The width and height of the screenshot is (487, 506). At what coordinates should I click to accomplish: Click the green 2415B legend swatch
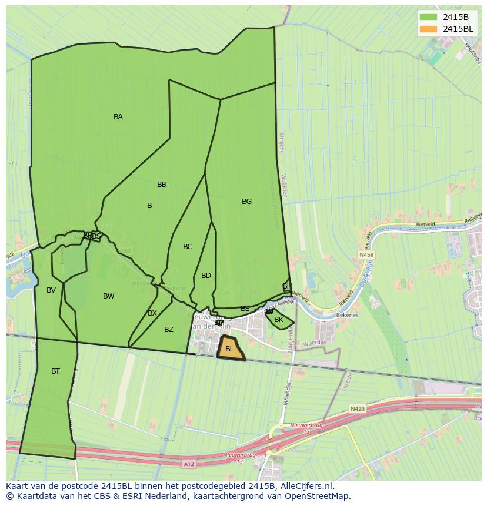[x=429, y=16]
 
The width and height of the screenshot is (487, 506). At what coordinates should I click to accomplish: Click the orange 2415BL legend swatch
[x=429, y=29]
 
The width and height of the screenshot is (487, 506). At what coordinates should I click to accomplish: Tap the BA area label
[x=118, y=117]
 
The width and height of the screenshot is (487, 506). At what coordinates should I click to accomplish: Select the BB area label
[x=162, y=185]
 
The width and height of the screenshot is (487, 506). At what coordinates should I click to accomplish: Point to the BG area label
[x=246, y=202]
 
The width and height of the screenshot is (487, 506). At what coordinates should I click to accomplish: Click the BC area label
[x=188, y=247]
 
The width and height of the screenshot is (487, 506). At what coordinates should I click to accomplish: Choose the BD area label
[x=206, y=276]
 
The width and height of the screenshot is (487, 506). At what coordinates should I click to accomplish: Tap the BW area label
[x=109, y=296]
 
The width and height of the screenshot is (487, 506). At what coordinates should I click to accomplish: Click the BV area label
[x=51, y=290]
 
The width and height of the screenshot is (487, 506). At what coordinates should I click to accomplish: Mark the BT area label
[x=55, y=371]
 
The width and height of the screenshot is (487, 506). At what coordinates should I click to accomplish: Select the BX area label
[x=152, y=313]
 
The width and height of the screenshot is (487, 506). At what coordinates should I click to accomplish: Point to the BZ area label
[x=169, y=330]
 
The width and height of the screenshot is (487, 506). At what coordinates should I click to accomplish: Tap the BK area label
[x=279, y=320]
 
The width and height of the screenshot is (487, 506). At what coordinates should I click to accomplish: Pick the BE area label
[x=245, y=309]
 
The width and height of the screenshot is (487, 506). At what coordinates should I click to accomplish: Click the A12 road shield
[x=188, y=464]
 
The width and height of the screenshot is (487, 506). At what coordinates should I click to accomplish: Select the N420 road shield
[x=357, y=408]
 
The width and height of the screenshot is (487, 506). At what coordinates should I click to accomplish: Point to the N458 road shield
[x=366, y=255]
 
